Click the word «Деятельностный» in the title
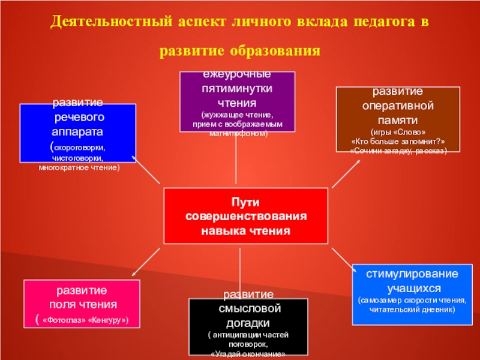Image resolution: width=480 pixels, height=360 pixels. [x=110, y=22]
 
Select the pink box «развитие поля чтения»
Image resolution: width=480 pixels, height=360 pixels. [x=82, y=304]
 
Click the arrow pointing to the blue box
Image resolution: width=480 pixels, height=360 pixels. [x=146, y=170]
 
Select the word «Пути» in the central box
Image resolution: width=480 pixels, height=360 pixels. [x=246, y=203]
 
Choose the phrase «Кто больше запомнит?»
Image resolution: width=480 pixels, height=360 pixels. [x=398, y=141]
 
